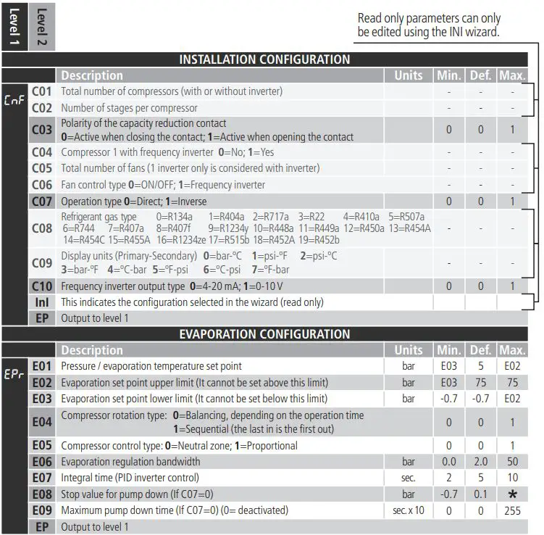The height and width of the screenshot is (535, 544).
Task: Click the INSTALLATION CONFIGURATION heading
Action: point(264,59)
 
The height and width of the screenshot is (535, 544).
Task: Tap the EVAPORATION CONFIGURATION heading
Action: point(264,334)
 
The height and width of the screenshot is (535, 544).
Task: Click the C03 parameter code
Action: point(42,130)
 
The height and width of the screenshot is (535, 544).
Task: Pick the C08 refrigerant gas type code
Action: point(42,228)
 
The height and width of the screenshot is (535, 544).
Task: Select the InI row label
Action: point(42,302)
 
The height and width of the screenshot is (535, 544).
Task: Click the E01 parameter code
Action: point(42,366)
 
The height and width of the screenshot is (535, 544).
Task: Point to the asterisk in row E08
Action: point(513,494)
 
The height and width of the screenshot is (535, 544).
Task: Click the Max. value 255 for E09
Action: point(513,510)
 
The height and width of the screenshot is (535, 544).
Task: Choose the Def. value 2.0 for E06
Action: point(480,462)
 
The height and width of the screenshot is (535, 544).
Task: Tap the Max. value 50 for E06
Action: point(513,462)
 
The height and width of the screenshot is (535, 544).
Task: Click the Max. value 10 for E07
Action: point(513,478)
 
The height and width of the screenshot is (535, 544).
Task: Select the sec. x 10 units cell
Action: point(409,510)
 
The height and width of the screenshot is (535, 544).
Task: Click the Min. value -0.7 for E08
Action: point(448,494)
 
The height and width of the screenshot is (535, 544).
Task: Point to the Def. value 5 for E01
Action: point(480,366)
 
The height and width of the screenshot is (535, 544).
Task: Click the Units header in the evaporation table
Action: point(409,350)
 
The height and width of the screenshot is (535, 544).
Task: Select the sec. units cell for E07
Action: point(409,478)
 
